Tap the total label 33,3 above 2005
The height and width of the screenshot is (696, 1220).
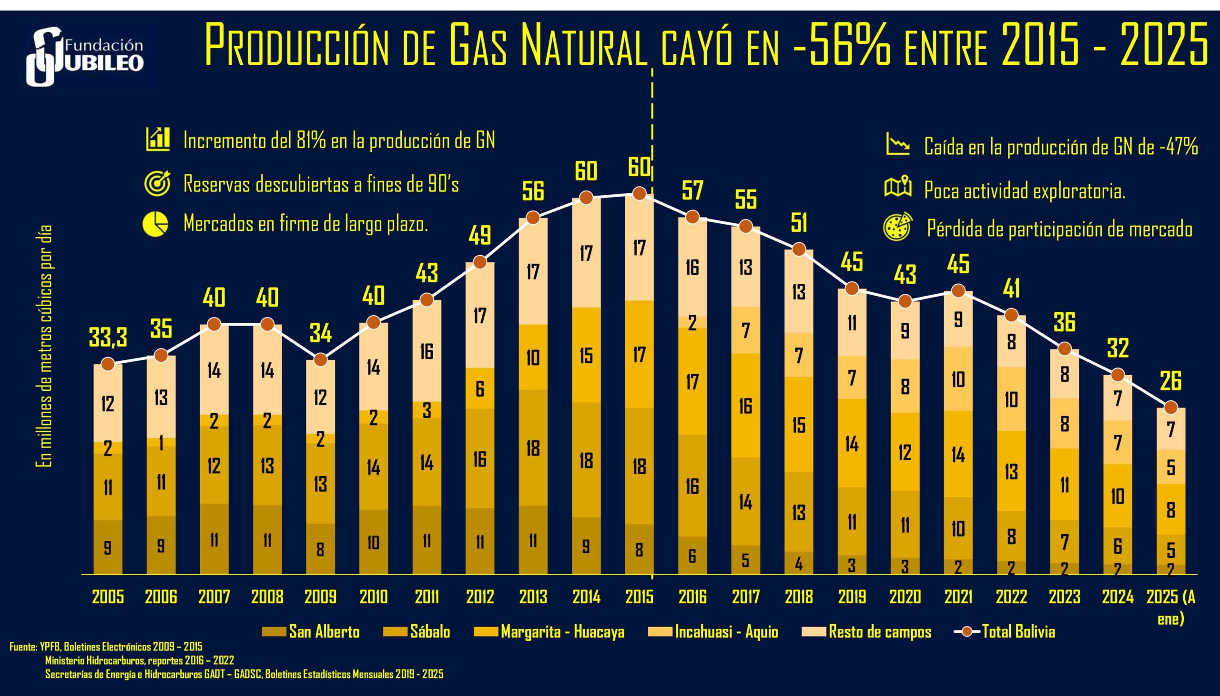point(108,338)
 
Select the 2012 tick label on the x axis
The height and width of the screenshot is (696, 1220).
point(480,597)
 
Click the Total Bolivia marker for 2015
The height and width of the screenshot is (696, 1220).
point(639,194)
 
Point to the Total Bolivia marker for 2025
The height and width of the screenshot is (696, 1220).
point(1171,408)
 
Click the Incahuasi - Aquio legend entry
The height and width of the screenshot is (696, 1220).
point(713,631)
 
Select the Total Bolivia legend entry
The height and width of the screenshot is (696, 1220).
point(1005,631)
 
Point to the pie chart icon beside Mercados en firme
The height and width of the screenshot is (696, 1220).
point(156,224)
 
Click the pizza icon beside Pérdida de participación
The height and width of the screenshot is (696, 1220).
point(897,227)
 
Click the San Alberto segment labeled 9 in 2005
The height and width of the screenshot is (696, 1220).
point(108,547)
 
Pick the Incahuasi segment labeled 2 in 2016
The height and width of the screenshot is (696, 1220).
point(692,323)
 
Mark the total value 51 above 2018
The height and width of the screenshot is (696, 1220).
point(799,223)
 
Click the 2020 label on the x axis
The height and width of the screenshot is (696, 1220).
point(905,597)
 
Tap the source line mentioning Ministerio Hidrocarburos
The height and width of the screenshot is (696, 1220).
point(140,661)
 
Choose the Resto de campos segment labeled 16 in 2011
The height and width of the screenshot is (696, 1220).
point(427,351)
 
